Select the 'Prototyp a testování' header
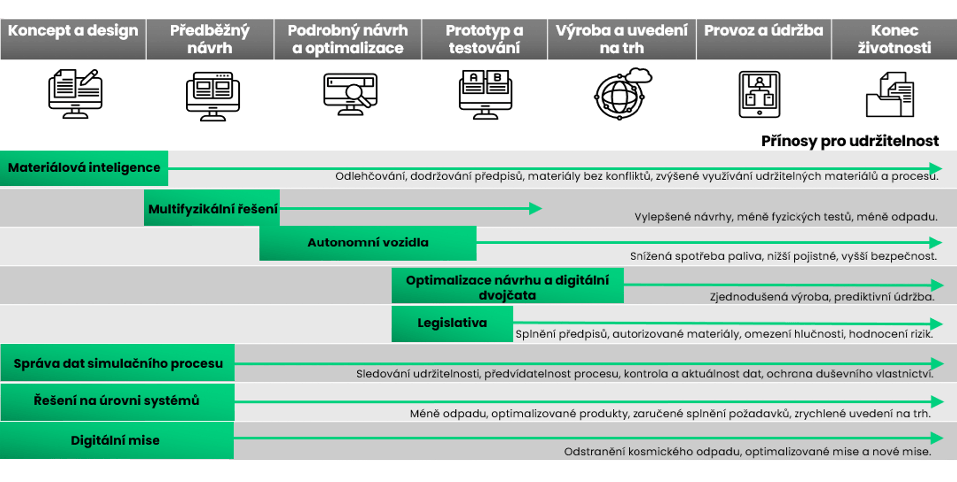(x=484, y=39)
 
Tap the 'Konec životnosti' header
(x=894, y=39)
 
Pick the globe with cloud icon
(x=623, y=94)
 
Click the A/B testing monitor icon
(x=485, y=94)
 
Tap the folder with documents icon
(x=890, y=94)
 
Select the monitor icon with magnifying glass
(x=350, y=94)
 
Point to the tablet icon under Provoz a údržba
(x=759, y=94)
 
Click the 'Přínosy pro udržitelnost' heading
(x=850, y=141)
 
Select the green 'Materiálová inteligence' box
(x=84, y=168)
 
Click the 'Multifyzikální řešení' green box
(x=212, y=208)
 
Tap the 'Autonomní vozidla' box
(x=368, y=243)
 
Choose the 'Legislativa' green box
(x=452, y=323)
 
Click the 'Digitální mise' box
(x=117, y=440)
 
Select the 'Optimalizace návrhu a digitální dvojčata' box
(x=507, y=286)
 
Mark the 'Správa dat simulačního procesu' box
(x=118, y=363)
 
